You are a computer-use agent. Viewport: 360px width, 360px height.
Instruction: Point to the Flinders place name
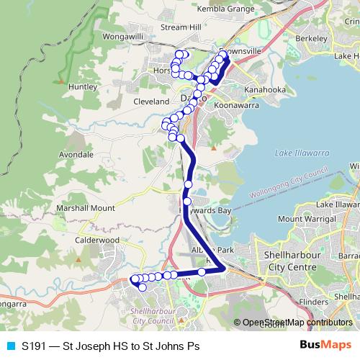click(313, 302)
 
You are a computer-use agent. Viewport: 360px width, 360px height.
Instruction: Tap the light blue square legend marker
click(11, 346)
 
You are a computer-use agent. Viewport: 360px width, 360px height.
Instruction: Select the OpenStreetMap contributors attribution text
click(297, 323)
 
